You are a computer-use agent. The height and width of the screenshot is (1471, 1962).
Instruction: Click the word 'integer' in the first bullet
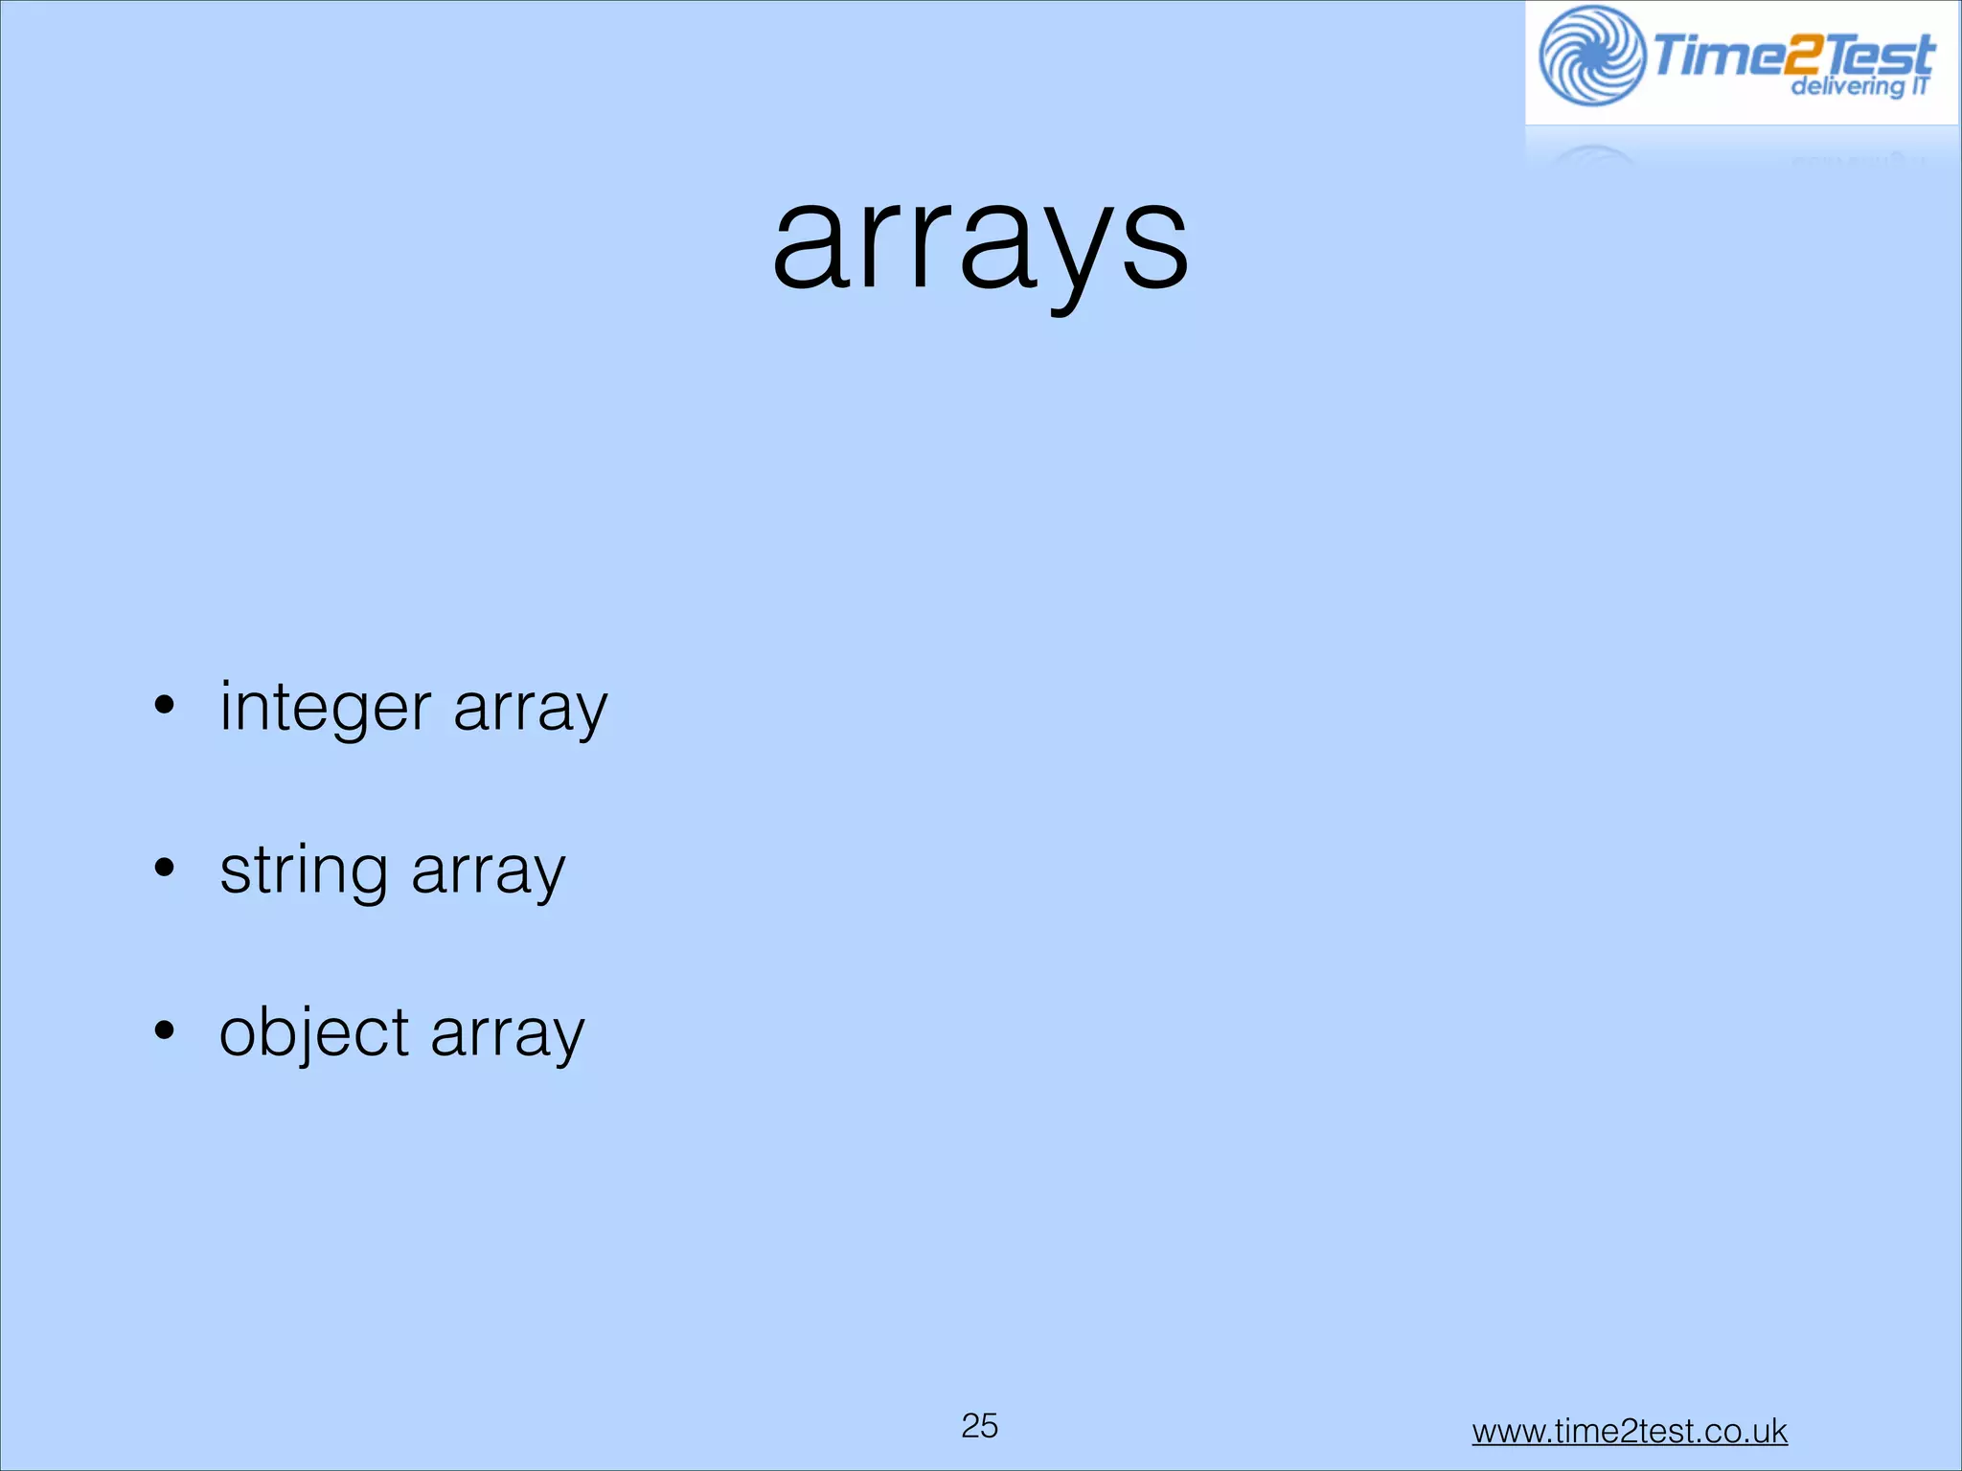326,709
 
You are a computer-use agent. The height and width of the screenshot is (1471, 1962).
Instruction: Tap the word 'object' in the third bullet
314,1032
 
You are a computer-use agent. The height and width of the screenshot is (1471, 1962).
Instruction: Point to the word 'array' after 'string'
488,871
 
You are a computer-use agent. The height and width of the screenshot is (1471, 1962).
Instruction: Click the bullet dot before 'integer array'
165,706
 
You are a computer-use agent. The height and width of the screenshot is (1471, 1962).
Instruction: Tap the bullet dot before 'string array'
165,868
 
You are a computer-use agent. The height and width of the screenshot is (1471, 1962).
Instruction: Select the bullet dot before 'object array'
165,1030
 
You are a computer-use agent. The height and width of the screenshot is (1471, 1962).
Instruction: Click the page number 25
979,1425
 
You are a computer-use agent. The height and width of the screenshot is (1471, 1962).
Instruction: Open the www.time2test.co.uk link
1629,1431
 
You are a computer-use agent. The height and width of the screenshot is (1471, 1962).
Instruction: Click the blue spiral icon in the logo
1591,56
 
